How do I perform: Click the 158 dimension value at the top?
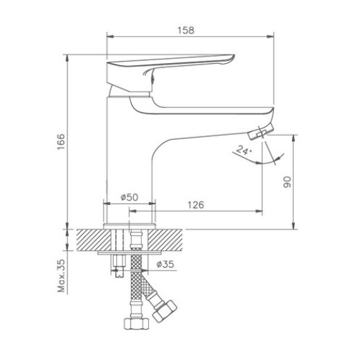coord(185,30)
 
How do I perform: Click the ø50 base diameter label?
coord(129,197)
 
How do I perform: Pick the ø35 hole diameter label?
coord(164,264)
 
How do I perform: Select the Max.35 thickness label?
coord(61,276)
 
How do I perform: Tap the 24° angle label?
coord(242,150)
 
